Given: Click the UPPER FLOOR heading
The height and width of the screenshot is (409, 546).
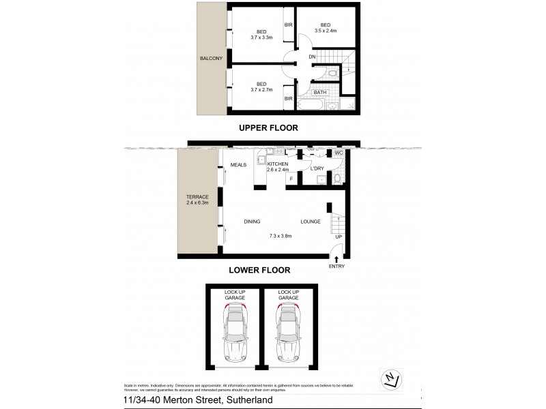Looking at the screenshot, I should (268, 128).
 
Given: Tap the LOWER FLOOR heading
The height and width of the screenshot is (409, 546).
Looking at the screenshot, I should (259, 270).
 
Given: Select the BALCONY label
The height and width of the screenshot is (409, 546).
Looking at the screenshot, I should (211, 59).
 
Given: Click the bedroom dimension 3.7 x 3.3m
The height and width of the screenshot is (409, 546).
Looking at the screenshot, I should (261, 37).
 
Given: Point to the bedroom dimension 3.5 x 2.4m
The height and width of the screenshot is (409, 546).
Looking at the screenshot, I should (325, 31).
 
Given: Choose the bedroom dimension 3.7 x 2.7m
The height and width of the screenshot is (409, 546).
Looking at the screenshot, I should (261, 89).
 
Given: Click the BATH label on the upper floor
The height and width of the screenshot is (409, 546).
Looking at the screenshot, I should (320, 92).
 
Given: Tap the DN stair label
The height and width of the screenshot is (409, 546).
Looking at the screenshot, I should (312, 57).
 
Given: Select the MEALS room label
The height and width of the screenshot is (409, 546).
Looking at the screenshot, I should (238, 165).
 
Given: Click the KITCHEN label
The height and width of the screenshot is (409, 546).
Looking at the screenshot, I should (278, 164).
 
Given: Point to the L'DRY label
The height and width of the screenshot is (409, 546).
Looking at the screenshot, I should (317, 168).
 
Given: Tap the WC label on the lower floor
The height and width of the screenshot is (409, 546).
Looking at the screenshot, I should (338, 153).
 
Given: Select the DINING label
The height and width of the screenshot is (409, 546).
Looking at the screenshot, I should (253, 222).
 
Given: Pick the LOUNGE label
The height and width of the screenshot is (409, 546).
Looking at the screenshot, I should (310, 222).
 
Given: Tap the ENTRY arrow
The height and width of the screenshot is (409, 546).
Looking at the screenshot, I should (335, 258).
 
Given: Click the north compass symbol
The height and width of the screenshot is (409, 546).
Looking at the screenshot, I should (388, 378).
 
